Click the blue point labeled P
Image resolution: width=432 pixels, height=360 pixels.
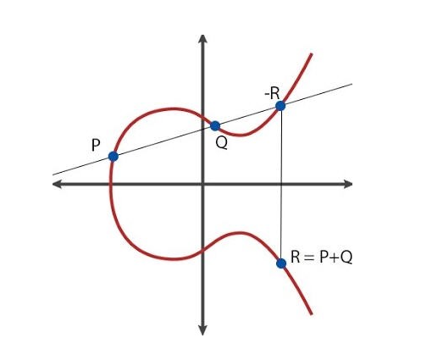pos(114,156)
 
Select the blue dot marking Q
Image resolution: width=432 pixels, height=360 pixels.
pos(215,126)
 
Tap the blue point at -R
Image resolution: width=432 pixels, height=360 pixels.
pos(280,106)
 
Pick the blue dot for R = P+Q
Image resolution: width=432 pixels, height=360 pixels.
pos(281,263)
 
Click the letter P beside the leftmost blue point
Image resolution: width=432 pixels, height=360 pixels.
pos(96,146)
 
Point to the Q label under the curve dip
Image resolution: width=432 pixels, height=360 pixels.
pos(221,143)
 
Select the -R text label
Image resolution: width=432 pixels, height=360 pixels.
pos(272,93)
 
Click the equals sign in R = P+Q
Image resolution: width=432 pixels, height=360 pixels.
pos(309,258)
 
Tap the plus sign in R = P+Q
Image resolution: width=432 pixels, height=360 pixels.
pos(335,258)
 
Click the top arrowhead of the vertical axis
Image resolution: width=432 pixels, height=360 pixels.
pos(202,38)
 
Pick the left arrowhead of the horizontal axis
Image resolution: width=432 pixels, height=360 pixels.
pos(57,184)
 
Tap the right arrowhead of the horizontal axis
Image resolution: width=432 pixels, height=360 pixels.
pos(348,184)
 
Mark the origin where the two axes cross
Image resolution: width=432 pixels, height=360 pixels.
pos(202,184)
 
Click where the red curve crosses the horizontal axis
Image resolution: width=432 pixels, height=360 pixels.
pos(110,184)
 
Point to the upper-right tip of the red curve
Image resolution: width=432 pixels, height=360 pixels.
pos(311,54)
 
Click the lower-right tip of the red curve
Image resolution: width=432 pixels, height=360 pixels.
pos(311,314)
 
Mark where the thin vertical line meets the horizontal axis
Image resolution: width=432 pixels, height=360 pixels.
pos(281,184)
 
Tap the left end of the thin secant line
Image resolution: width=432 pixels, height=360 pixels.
pos(53,175)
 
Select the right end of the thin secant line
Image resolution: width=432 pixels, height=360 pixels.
pos(352,84)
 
